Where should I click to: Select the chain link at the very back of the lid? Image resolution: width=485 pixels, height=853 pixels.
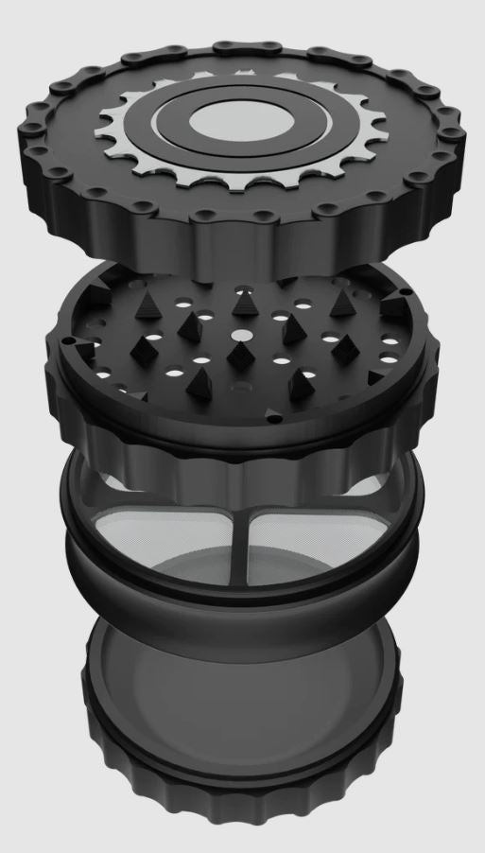[235, 47]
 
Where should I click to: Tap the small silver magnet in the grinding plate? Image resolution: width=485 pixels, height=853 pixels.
[241, 336]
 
